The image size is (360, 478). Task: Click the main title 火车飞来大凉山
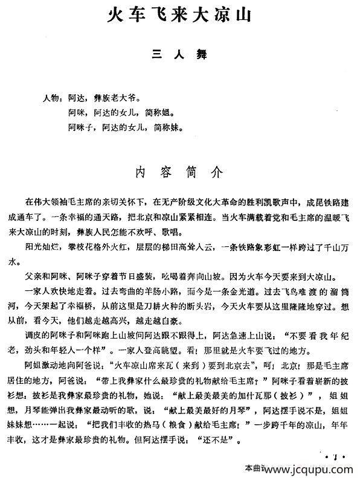click(179, 14)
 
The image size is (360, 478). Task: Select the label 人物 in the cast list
click(53, 97)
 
